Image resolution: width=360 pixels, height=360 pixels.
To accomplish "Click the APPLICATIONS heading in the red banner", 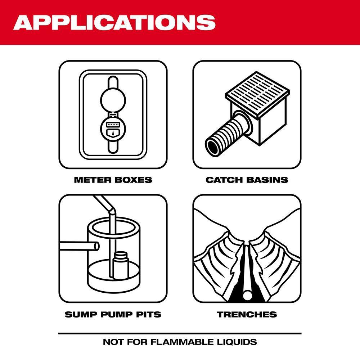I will [114, 22].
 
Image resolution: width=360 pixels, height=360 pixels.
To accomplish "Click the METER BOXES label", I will [113, 180].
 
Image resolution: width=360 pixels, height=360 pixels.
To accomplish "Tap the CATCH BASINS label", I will [247, 180].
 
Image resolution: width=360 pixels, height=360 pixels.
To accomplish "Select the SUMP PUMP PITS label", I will [113, 314].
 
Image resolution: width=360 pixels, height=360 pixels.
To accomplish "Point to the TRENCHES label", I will [247, 314].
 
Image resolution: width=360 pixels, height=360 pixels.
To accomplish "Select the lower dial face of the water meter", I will [113, 126].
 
